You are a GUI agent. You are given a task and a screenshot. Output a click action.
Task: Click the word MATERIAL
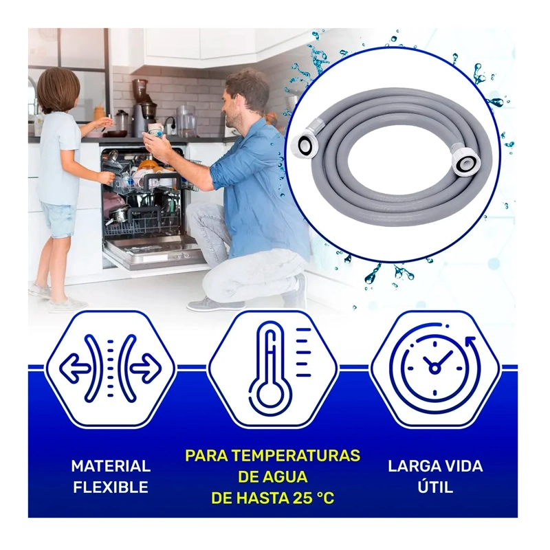(111, 466)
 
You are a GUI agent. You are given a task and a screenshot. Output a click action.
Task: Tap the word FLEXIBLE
(111, 487)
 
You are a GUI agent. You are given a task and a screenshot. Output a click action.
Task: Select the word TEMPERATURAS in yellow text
(296, 456)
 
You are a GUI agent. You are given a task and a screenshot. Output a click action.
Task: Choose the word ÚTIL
(435, 487)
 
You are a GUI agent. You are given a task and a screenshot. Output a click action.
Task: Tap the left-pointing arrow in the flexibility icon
(74, 368)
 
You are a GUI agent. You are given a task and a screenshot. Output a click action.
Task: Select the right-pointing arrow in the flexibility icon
(146, 368)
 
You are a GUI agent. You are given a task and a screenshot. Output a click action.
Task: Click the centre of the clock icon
(434, 368)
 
